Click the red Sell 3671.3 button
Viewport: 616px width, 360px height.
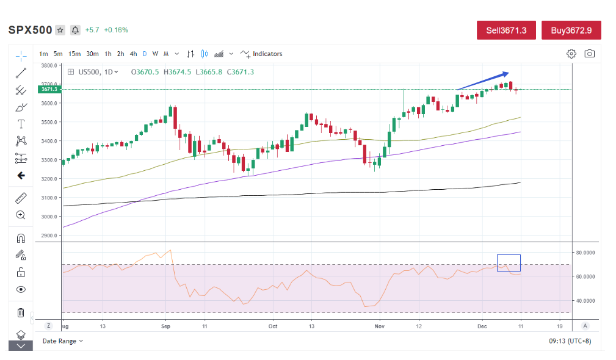[x=506, y=30]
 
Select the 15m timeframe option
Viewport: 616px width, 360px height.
[x=74, y=54]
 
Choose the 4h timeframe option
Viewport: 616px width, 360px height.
[x=133, y=54]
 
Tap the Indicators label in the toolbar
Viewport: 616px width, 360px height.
[x=267, y=54]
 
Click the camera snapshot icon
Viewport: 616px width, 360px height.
[x=589, y=54]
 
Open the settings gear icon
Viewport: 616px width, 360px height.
[x=571, y=54]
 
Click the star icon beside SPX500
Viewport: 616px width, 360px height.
[x=60, y=30]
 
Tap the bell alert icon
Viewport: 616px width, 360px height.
[x=75, y=30]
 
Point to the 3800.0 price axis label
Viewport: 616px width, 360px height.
[x=49, y=65]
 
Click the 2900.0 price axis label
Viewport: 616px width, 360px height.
[x=49, y=235]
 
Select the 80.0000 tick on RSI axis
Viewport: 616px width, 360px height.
[x=585, y=252]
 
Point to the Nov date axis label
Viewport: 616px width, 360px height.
[x=379, y=326]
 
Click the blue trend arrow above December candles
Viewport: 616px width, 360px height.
[x=482, y=79]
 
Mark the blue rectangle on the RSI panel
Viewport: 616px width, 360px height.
[x=509, y=262]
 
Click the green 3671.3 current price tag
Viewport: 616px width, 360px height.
[x=49, y=90]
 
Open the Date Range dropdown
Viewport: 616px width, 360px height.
[x=63, y=341]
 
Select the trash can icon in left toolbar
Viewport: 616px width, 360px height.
[x=21, y=313]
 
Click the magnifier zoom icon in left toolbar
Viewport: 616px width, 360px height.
[x=21, y=215]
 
